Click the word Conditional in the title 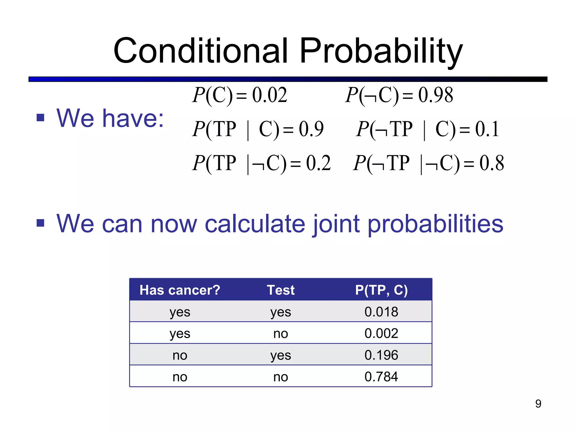(x=201, y=51)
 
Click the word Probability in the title (x=381, y=51)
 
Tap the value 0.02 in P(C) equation (x=269, y=95)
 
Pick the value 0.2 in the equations (x=318, y=163)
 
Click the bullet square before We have (x=40, y=118)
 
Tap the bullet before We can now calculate (x=40, y=223)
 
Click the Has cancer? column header (x=180, y=290)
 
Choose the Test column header (x=280, y=290)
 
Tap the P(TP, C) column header (x=381, y=290)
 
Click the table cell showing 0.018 (x=381, y=312)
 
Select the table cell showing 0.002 (x=381, y=334)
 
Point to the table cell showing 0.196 (x=381, y=355)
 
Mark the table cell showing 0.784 (x=381, y=377)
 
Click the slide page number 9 (x=538, y=404)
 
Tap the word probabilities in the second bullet (x=435, y=224)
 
